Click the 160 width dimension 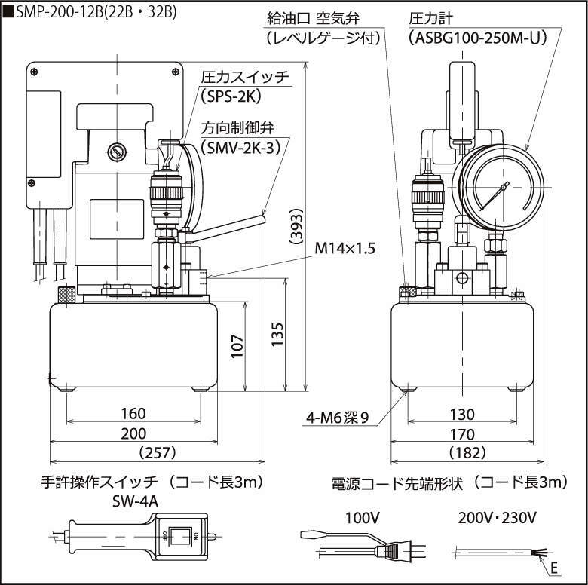click(133, 414)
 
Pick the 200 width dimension click(133, 433)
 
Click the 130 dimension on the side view click(462, 414)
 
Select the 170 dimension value click(462, 434)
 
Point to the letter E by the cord click(555, 566)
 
